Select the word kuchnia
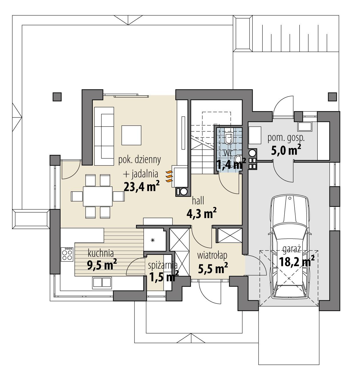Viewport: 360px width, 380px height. pyautogui.click(x=101, y=253)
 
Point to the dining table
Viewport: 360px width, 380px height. pyautogui.click(x=98, y=196)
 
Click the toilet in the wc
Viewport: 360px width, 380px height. pyautogui.click(x=229, y=138)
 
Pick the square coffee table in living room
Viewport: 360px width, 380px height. pyautogui.click(x=131, y=135)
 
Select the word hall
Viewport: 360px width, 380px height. pyautogui.click(x=198, y=201)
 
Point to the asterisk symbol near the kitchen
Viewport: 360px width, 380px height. pyautogui.click(x=153, y=240)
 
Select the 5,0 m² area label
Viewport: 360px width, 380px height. pyautogui.click(x=286, y=150)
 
